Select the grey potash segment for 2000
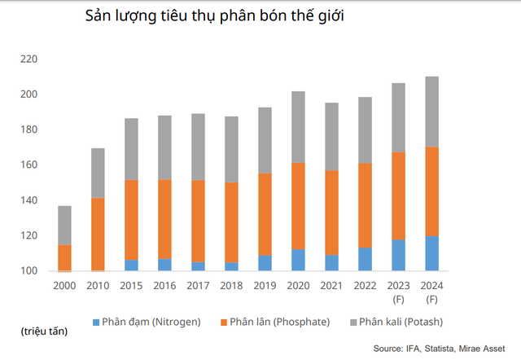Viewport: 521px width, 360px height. point(64,225)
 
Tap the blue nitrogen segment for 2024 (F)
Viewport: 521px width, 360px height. point(431,253)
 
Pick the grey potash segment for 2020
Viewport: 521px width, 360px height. point(298,127)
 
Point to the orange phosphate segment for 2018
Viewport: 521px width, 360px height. point(231,222)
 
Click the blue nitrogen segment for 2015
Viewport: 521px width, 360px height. point(131,266)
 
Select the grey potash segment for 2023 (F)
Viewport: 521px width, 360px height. point(397,117)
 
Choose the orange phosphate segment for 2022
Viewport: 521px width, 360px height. point(364,205)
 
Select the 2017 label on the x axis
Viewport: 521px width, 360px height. point(198,286)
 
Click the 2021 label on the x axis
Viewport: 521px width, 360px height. point(331,286)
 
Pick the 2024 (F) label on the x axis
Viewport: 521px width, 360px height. point(431,292)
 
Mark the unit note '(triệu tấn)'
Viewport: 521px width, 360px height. point(45,331)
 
